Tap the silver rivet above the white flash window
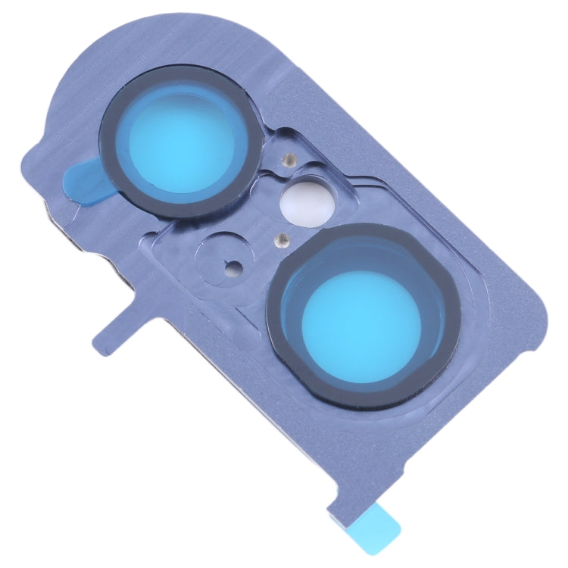click(x=286, y=160)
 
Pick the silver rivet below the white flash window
click(x=280, y=239)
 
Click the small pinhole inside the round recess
click(x=233, y=265)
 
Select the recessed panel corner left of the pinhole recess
click(x=163, y=242)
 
